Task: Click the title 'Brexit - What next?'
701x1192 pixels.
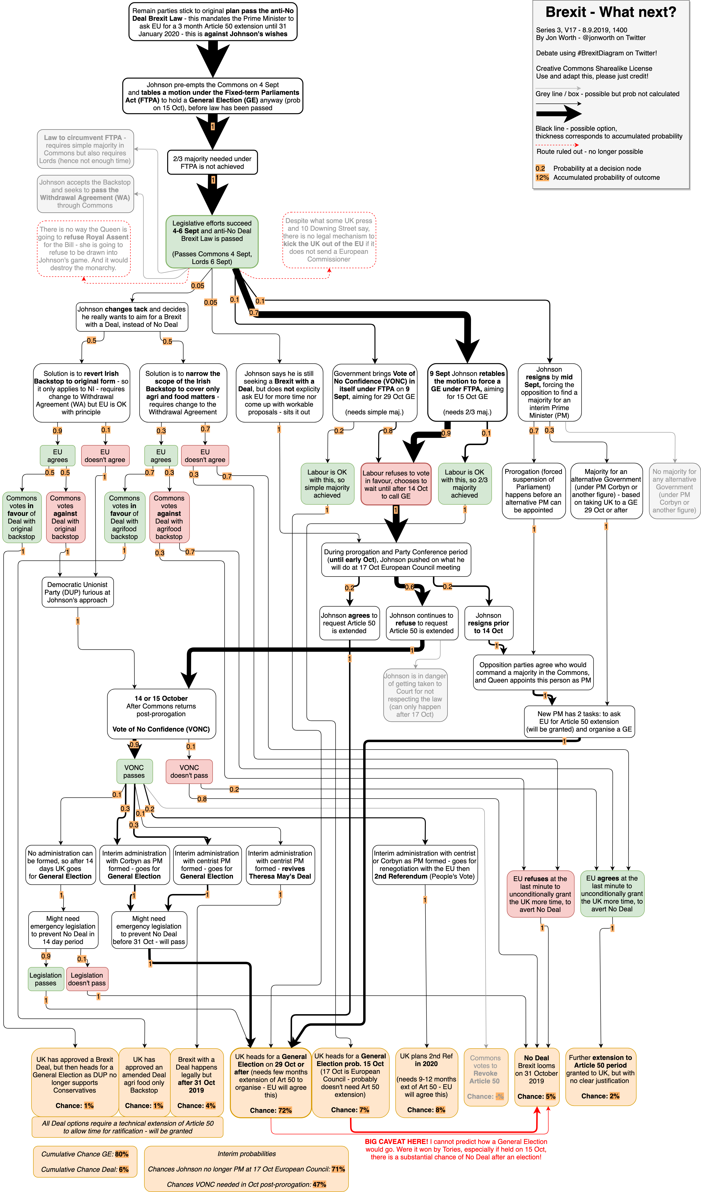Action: pos(611,12)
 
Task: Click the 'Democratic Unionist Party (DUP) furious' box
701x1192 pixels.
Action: pos(77,592)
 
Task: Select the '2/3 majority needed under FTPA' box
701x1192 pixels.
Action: pos(212,162)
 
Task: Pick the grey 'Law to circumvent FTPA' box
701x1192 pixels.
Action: pos(85,149)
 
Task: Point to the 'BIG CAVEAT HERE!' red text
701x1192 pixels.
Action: pos(396,1141)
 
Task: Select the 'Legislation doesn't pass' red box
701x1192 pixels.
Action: pos(87,979)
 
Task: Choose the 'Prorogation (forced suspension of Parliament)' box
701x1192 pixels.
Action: pos(534,490)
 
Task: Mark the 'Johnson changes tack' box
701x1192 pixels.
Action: pos(132,316)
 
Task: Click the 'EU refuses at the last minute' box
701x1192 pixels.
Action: pos(540,894)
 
